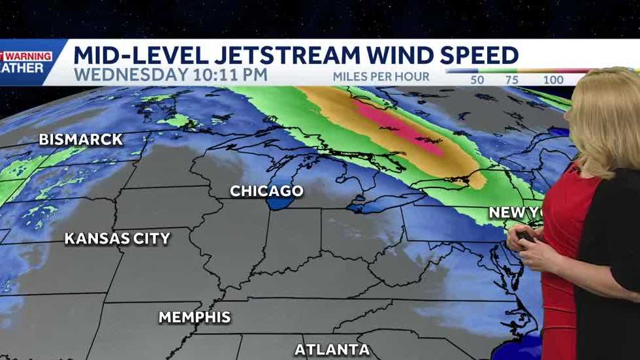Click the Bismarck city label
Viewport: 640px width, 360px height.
click(x=80, y=139)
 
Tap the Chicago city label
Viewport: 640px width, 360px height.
click(x=266, y=191)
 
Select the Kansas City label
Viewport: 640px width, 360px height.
click(x=117, y=238)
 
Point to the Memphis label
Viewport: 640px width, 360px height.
click(x=195, y=318)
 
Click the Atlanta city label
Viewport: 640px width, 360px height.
click(x=332, y=350)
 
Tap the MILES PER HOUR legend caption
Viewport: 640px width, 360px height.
click(x=381, y=76)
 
